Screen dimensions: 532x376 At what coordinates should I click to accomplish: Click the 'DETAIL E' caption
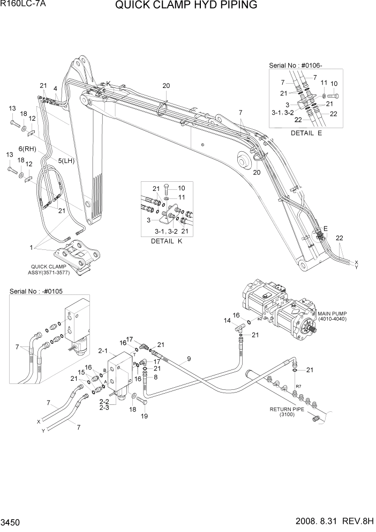(306, 132)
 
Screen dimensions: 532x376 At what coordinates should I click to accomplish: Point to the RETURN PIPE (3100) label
(287, 412)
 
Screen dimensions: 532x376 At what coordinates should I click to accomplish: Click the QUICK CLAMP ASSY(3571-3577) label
(49, 269)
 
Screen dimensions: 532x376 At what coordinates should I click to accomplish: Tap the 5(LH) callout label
(66, 160)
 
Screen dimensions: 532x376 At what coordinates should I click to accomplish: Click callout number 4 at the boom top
(55, 88)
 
